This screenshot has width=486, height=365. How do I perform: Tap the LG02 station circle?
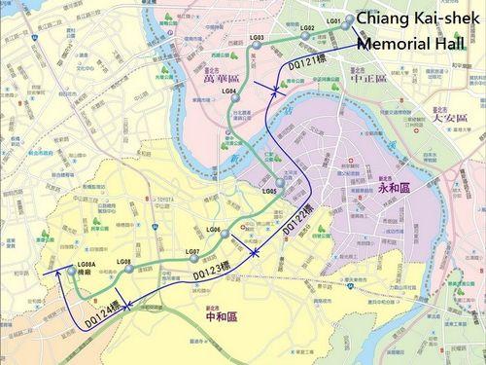[305, 36]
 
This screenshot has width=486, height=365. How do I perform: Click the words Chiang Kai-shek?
[411, 20]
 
